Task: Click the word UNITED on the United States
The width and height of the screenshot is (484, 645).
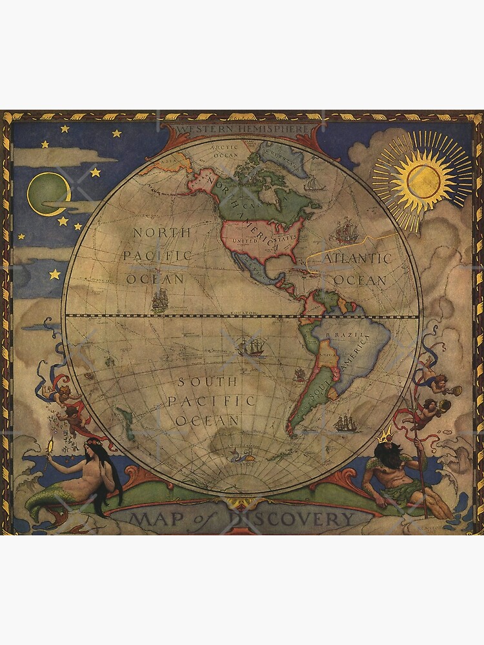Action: click(244, 241)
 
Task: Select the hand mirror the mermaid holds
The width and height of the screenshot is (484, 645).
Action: click(52, 446)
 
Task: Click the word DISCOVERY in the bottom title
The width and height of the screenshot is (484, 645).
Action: click(304, 519)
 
